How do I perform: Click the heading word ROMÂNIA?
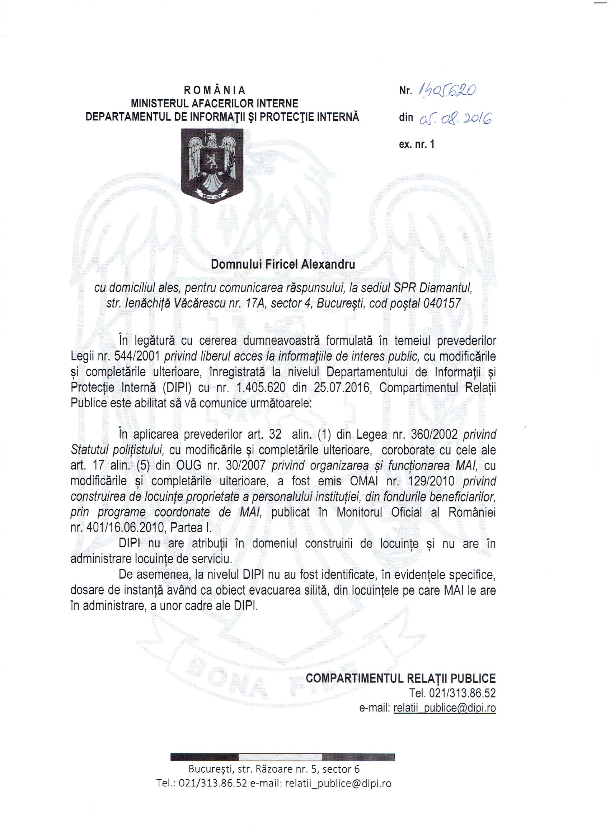(x=215, y=90)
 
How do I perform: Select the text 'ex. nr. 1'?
(x=417, y=144)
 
